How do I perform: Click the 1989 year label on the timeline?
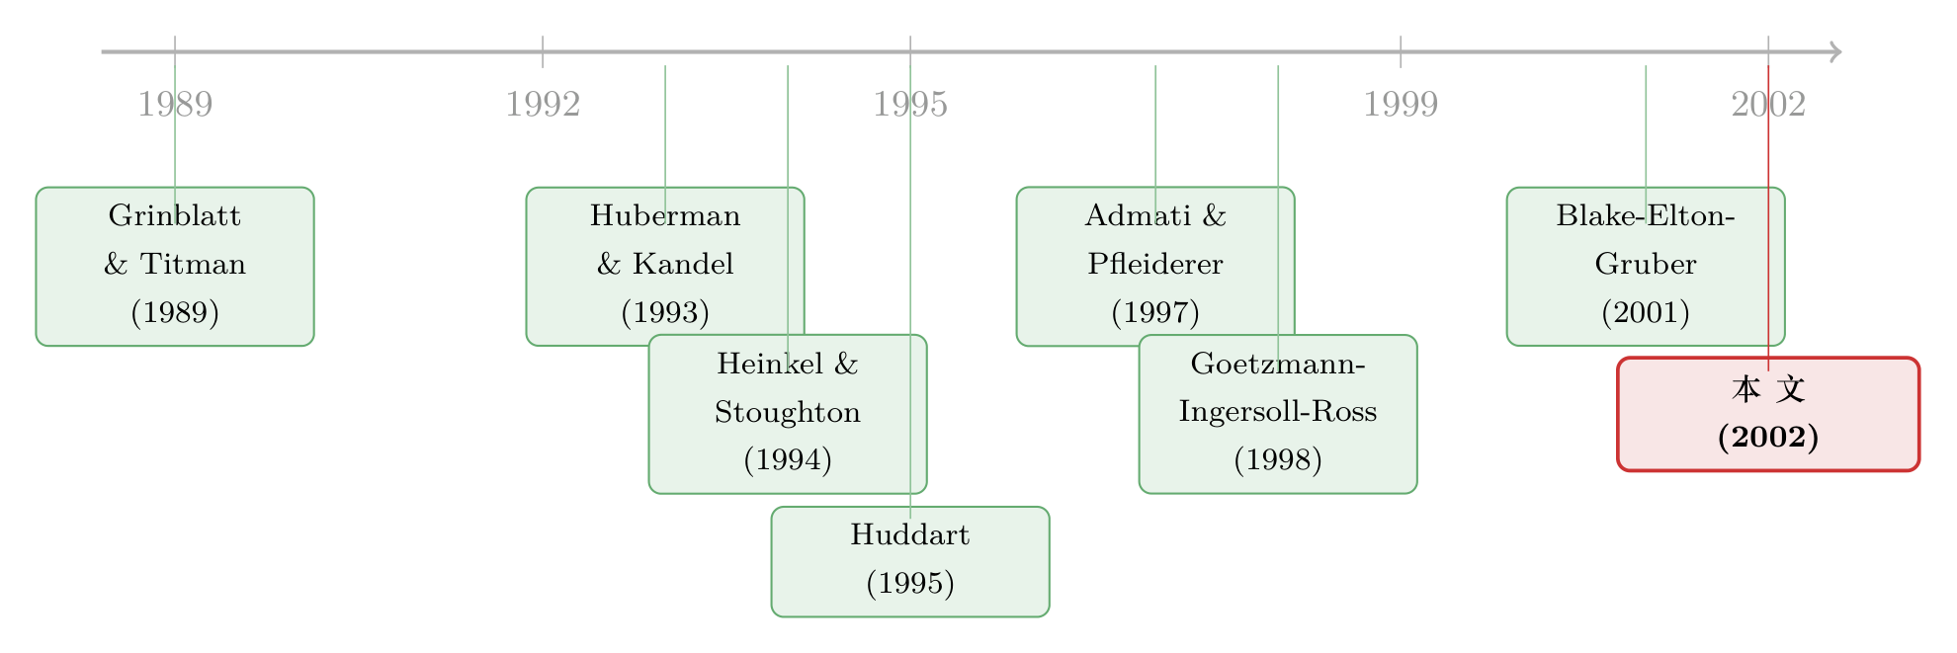(x=175, y=104)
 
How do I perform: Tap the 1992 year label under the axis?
(x=543, y=104)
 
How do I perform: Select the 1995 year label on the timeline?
(x=910, y=104)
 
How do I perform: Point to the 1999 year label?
(x=1401, y=104)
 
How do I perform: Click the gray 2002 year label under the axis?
(x=1768, y=104)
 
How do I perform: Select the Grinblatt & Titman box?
(x=175, y=267)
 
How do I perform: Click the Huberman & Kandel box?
(x=665, y=267)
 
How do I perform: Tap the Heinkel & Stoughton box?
(x=788, y=414)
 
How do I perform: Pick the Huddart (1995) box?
(x=910, y=562)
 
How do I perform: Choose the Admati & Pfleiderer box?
(x=1155, y=267)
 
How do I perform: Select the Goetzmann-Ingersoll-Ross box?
(x=1278, y=414)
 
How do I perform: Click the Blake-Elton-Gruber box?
(x=1646, y=267)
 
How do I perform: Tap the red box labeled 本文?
(x=1768, y=414)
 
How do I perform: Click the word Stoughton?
(x=788, y=412)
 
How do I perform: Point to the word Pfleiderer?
(x=1155, y=264)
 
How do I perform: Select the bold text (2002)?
(x=1768, y=437)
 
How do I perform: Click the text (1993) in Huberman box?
(x=665, y=313)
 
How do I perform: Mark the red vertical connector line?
(x=1768, y=218)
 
